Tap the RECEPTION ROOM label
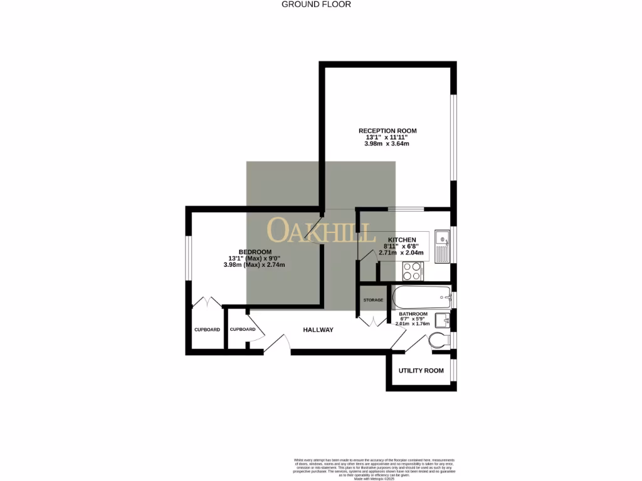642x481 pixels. [x=387, y=131]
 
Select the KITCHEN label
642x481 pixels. [x=402, y=240]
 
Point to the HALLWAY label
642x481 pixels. [x=318, y=330]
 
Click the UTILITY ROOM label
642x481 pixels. [x=421, y=371]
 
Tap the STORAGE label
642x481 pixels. [x=373, y=301]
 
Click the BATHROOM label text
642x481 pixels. [x=413, y=314]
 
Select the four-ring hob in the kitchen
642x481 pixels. [x=412, y=271]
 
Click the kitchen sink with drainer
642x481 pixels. [x=442, y=246]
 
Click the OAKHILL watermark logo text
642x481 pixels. [x=318, y=230]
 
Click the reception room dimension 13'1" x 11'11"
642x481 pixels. [x=387, y=137]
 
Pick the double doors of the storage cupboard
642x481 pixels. [x=374, y=321]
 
